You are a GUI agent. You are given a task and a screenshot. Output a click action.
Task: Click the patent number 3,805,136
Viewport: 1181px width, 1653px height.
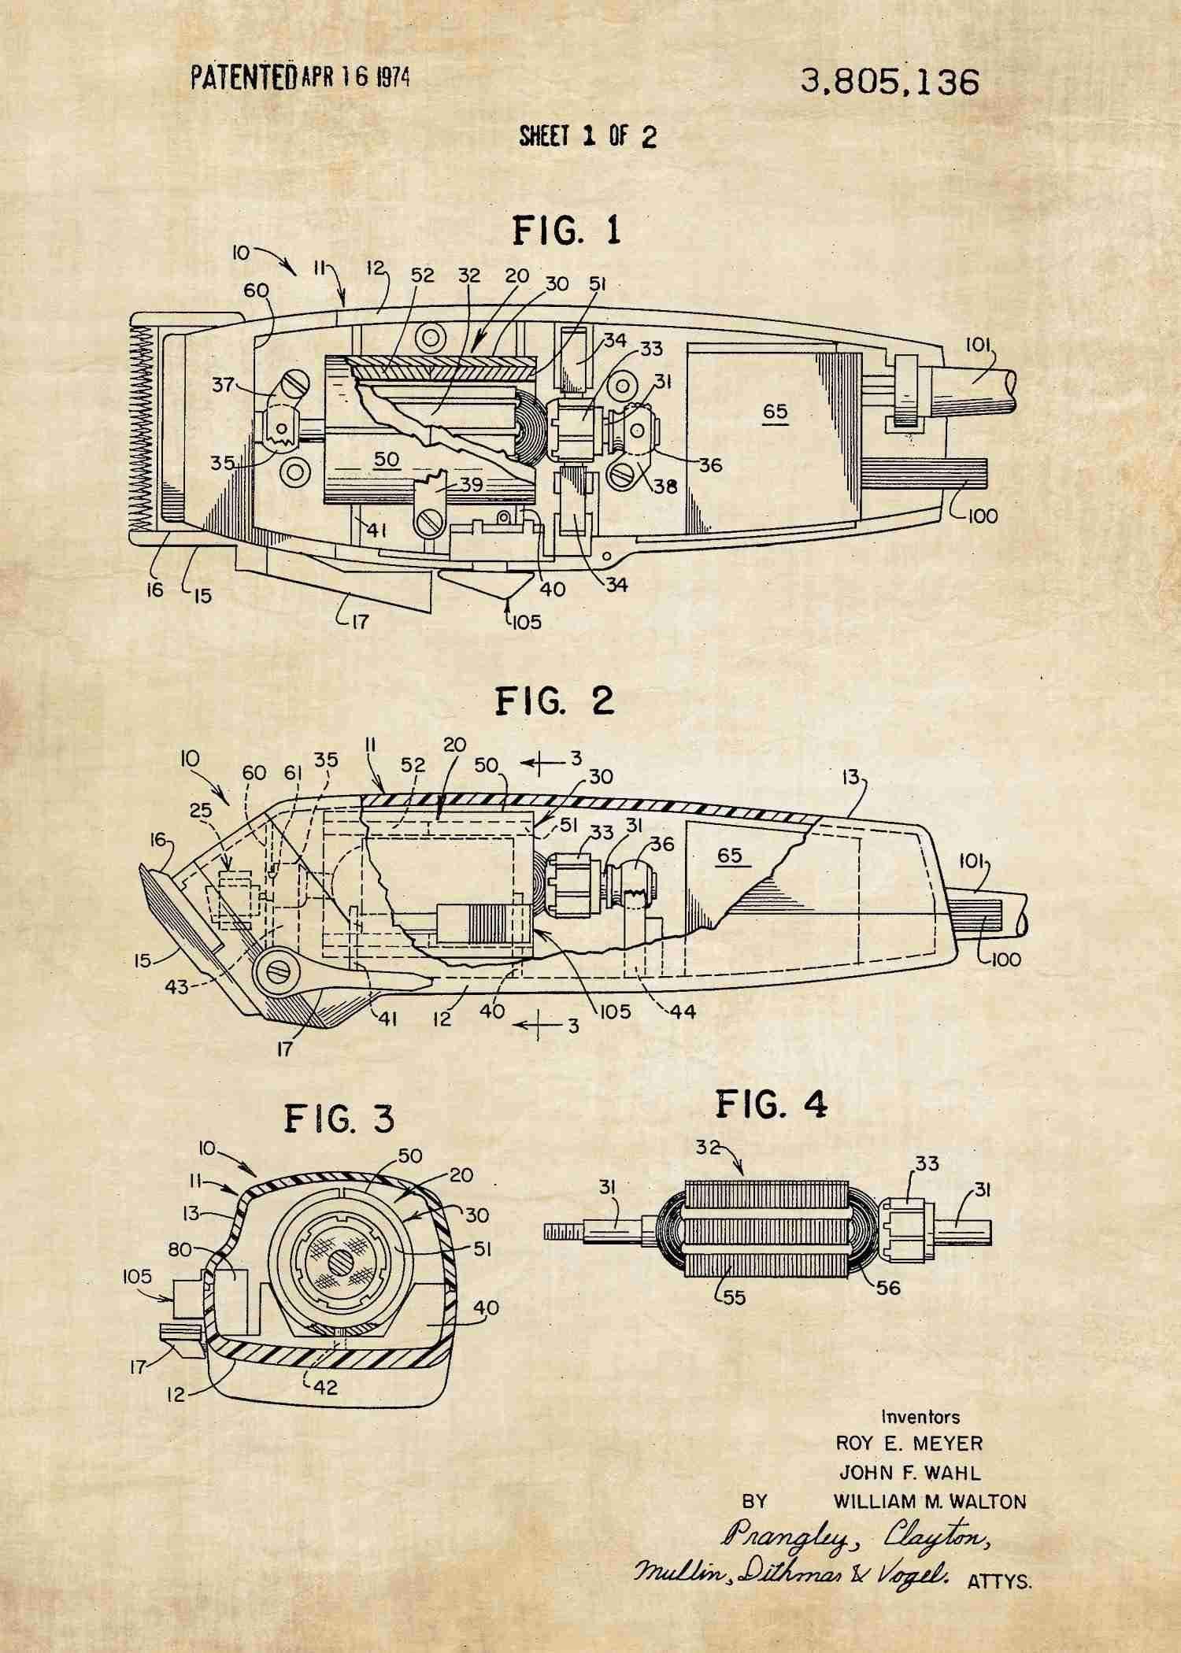(x=890, y=82)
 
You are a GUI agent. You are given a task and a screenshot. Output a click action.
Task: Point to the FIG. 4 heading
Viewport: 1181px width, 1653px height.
(x=771, y=1105)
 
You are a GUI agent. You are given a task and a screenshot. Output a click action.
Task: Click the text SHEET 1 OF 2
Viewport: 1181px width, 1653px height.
(x=587, y=137)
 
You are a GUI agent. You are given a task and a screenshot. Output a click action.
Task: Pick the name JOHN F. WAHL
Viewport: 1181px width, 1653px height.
(x=909, y=1472)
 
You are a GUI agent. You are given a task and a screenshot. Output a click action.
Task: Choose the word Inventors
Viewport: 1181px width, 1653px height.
(x=920, y=1417)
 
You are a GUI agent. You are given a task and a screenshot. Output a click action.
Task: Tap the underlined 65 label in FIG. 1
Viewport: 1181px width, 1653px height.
(x=775, y=412)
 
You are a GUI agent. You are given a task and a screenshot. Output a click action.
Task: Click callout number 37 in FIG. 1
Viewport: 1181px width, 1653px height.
(x=226, y=385)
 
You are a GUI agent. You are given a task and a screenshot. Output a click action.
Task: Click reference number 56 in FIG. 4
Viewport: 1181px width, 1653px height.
(x=887, y=1289)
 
